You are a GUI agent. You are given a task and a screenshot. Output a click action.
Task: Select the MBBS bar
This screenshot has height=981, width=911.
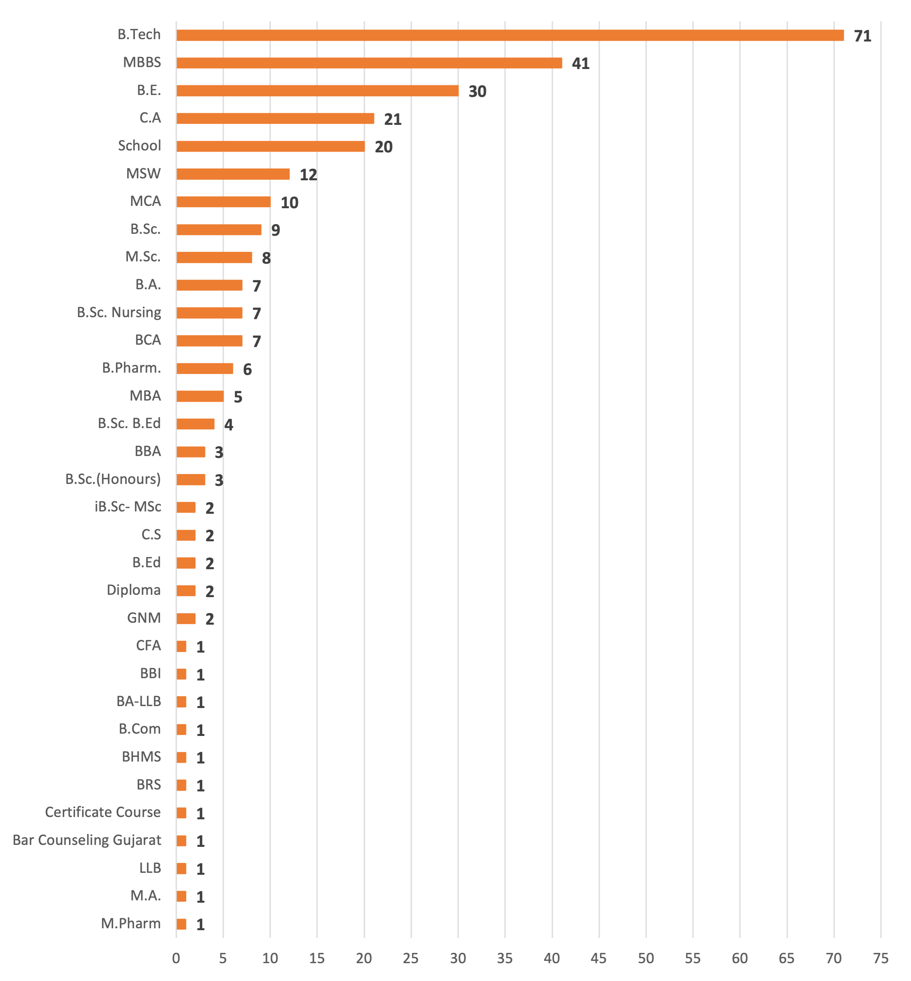click(x=369, y=63)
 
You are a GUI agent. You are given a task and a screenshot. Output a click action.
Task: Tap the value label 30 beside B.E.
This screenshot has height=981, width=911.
click(x=477, y=91)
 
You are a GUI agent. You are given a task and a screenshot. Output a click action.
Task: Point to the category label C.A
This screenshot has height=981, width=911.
click(x=150, y=118)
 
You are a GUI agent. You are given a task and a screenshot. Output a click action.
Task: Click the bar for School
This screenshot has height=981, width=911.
click(x=270, y=146)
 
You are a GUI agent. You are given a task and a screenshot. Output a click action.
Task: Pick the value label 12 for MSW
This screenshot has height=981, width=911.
click(x=308, y=174)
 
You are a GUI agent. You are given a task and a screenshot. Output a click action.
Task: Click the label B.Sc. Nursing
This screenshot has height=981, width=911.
click(x=119, y=313)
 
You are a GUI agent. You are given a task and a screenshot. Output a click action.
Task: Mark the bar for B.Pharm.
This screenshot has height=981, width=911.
click(x=205, y=368)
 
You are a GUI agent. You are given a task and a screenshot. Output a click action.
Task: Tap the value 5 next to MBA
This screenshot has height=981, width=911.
click(x=238, y=397)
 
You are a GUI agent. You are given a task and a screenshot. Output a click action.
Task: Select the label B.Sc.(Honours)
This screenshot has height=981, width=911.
click(x=114, y=479)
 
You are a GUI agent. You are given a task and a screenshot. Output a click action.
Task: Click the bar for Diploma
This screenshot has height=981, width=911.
click(x=186, y=591)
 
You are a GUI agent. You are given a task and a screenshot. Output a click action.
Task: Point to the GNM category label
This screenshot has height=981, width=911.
click(x=144, y=618)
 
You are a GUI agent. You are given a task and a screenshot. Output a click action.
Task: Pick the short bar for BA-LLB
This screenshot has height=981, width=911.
click(x=182, y=702)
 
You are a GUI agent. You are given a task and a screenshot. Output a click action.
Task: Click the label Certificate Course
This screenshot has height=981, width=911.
click(x=103, y=812)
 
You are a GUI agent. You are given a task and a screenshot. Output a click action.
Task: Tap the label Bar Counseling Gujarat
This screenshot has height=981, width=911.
click(x=87, y=840)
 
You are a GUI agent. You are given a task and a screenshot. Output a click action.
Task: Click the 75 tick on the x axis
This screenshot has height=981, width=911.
click(x=880, y=958)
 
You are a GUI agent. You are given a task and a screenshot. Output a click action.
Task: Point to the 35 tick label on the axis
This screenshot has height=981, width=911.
click(x=505, y=958)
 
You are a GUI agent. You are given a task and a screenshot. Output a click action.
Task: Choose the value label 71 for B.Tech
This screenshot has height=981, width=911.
click(x=862, y=36)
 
